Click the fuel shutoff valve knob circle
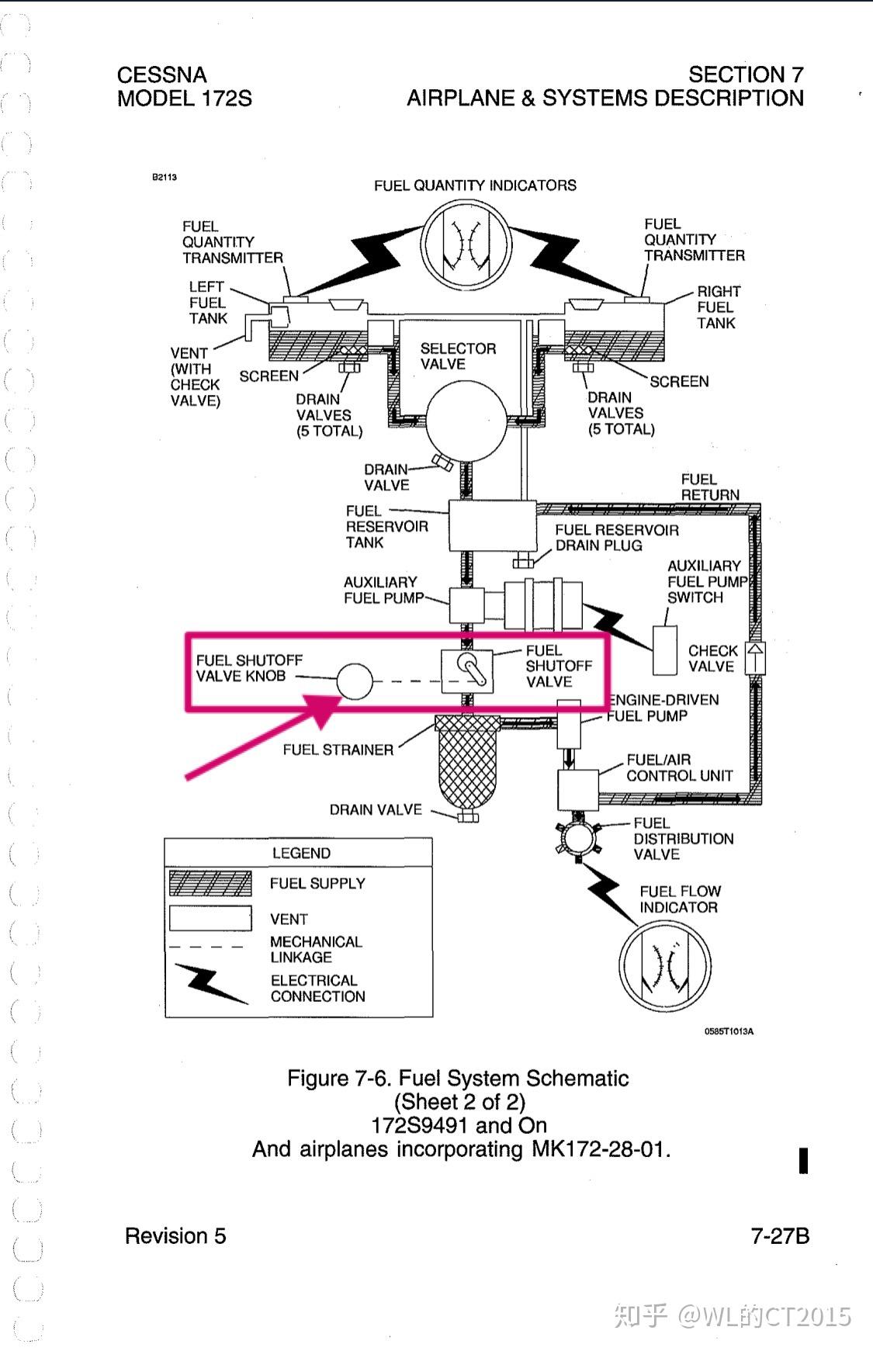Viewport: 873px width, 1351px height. click(355, 681)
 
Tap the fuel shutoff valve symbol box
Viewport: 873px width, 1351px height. click(467, 671)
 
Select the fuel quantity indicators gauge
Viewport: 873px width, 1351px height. click(466, 243)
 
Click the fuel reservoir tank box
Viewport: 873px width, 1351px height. click(493, 525)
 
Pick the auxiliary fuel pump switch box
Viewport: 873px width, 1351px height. click(665, 650)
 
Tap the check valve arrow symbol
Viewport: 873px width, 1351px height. click(755, 658)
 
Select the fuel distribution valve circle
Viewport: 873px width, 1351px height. click(578, 838)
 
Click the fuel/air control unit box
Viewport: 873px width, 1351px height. click(578, 790)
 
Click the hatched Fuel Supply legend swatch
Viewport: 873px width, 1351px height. click(210, 883)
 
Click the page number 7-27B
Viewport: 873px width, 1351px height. click(780, 1235)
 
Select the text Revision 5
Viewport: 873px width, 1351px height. click(175, 1235)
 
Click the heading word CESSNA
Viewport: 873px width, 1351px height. click(162, 74)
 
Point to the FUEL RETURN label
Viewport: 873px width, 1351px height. click(710, 487)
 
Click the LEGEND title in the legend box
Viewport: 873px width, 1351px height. click(301, 853)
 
